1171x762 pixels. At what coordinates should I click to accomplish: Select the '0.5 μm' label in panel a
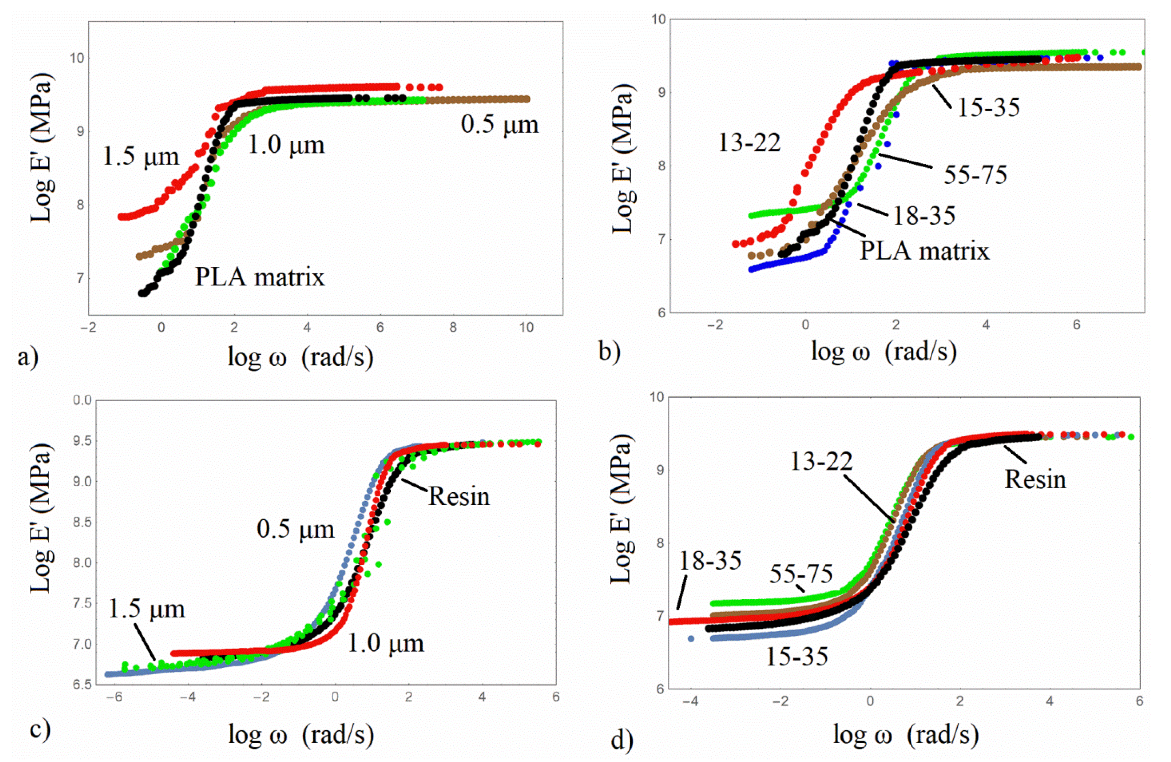tap(499, 124)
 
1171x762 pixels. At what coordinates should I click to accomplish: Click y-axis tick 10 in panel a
tap(76, 58)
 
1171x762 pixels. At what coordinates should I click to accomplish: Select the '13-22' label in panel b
tap(749, 143)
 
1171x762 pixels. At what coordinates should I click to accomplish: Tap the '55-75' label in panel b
tap(975, 175)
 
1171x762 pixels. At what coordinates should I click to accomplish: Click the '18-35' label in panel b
tap(924, 215)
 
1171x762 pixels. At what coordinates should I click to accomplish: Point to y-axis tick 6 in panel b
tap(660, 312)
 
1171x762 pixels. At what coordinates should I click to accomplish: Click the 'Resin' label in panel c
tap(458, 496)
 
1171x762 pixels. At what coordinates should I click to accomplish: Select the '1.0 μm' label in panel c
tap(385, 643)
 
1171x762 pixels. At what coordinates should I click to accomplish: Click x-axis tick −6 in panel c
tap(114, 697)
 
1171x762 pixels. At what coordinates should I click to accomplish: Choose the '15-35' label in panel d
tap(796, 656)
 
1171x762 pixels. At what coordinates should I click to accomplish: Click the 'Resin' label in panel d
tap(1035, 480)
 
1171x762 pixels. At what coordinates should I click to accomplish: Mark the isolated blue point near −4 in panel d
tap(691, 638)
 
